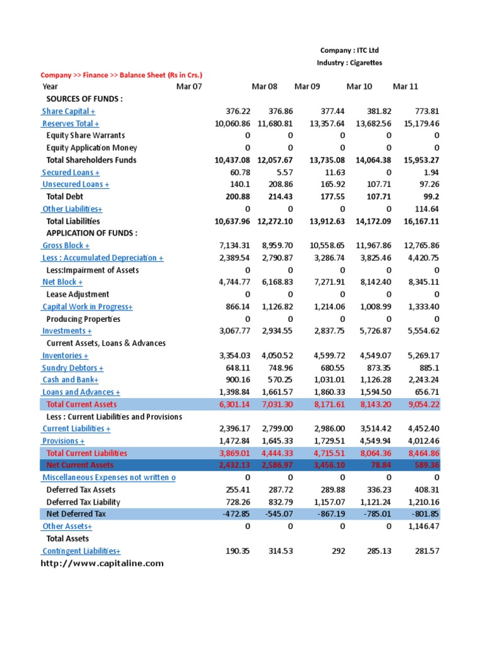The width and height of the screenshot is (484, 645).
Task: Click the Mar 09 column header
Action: click(x=307, y=86)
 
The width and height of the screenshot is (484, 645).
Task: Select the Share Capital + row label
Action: click(x=69, y=111)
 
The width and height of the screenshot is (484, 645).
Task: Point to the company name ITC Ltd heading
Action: click(x=349, y=50)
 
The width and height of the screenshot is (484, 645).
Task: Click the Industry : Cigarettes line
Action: click(x=349, y=63)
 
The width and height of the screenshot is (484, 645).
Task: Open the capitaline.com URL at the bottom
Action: click(x=102, y=563)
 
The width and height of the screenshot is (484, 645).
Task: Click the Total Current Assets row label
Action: click(x=82, y=404)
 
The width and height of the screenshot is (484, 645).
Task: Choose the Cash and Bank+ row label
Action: click(x=70, y=380)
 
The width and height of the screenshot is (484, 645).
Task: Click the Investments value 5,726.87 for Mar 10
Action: click(x=373, y=331)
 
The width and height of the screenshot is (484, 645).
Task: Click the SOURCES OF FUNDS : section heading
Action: click(x=84, y=99)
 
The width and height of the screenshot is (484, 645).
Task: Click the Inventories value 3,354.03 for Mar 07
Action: click(x=233, y=355)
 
